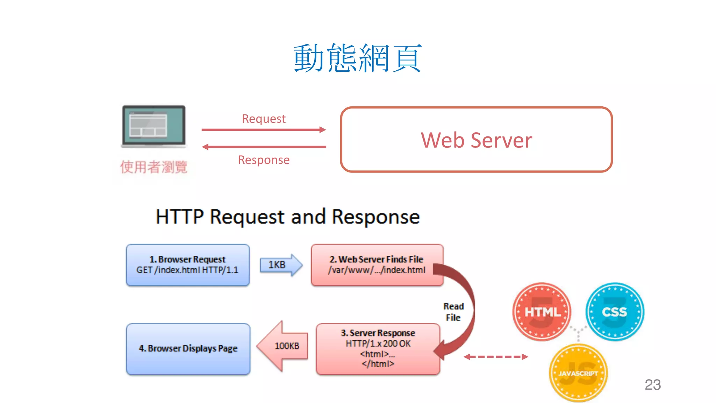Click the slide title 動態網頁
tap(357, 58)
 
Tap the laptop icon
tap(153, 126)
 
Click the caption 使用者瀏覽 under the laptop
tap(154, 167)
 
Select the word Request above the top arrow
tap(264, 119)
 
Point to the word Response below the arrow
tap(264, 160)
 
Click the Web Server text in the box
tap(476, 140)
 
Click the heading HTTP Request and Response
tap(287, 217)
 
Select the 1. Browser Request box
tap(188, 265)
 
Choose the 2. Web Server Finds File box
tap(377, 265)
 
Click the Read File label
tap(453, 312)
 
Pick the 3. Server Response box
tap(378, 349)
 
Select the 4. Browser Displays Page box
tap(188, 349)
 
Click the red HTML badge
tap(542, 312)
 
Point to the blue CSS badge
tap(615, 312)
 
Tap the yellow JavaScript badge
tap(578, 373)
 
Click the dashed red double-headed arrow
tap(496, 357)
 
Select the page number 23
tap(652, 384)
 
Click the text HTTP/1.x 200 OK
tap(378, 344)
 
